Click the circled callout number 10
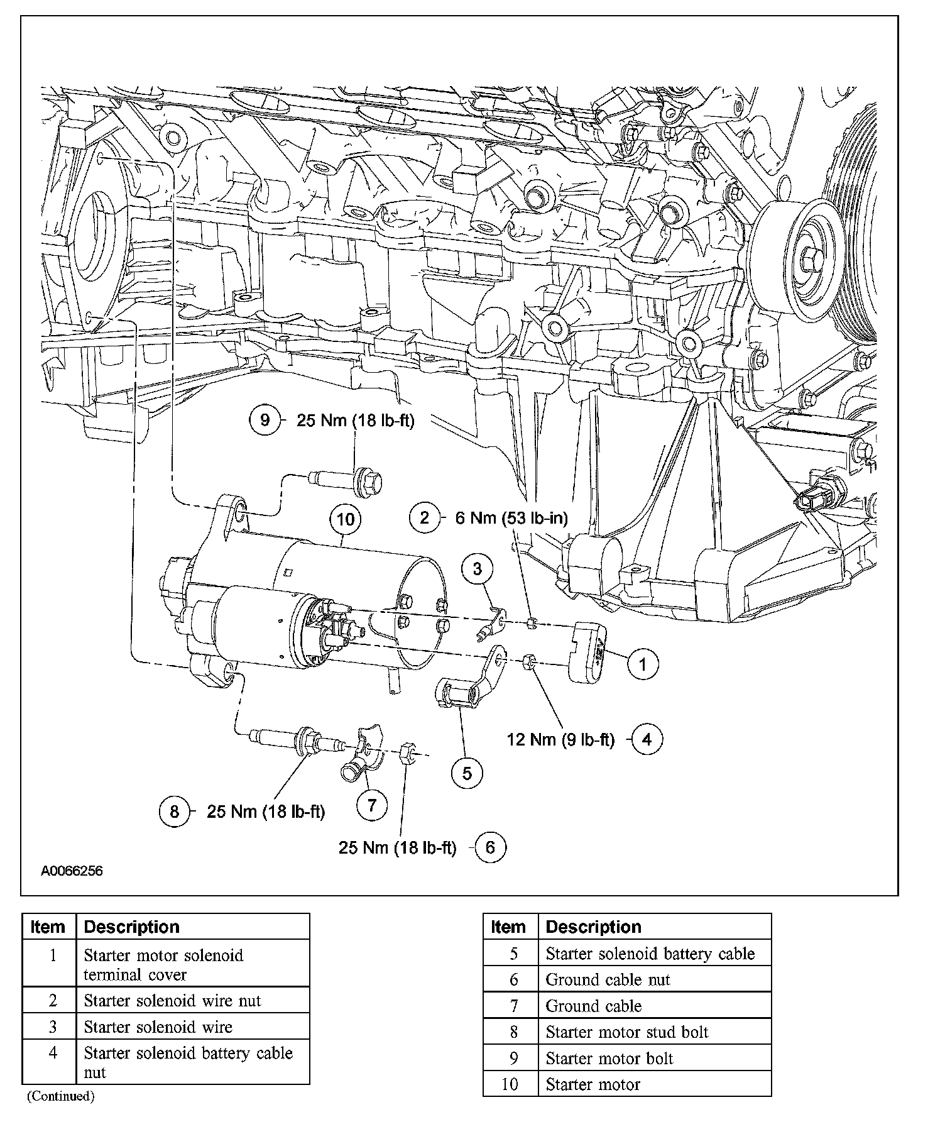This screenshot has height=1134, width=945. coord(346,519)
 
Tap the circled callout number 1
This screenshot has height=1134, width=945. coord(642,664)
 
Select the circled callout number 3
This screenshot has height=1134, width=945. coord(477,569)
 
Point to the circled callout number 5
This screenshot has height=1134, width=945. coord(467,773)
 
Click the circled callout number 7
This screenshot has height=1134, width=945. coord(371,805)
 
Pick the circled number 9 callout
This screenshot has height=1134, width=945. coord(265,420)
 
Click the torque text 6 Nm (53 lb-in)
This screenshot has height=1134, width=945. coord(511,518)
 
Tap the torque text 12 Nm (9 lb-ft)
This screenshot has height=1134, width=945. coord(560,739)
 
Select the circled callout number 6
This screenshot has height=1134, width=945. coord(490,847)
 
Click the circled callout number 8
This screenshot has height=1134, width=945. coord(175,812)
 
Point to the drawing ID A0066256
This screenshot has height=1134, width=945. coord(72,871)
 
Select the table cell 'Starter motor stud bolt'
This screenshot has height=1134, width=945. coord(626,1032)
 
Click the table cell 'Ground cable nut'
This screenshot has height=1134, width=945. coord(608,979)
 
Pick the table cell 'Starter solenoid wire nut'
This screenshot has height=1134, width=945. coord(172,1001)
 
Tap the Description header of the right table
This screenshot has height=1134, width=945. coord(593,927)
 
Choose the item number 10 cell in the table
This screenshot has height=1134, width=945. coord(510,1084)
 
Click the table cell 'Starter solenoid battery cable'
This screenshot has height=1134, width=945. coord(650,954)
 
